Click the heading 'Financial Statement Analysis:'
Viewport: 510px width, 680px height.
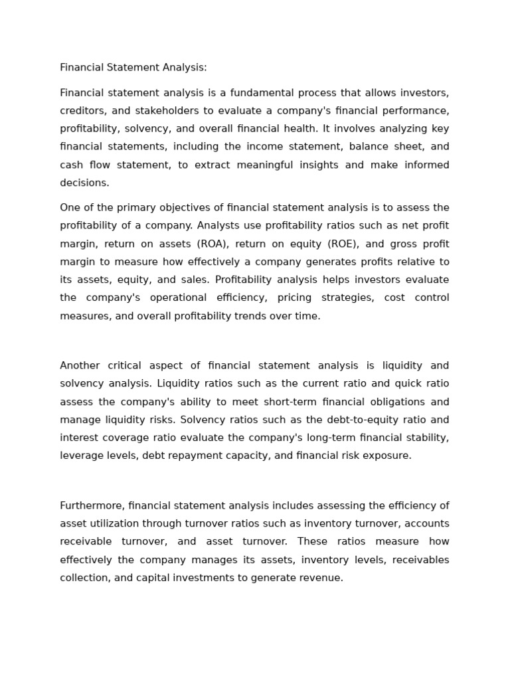[x=133, y=68]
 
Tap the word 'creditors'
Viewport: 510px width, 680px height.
[x=81, y=111]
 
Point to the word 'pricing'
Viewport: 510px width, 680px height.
[x=298, y=297]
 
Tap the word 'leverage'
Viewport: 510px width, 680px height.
[x=81, y=456]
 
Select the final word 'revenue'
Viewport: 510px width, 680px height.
[x=323, y=578]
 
